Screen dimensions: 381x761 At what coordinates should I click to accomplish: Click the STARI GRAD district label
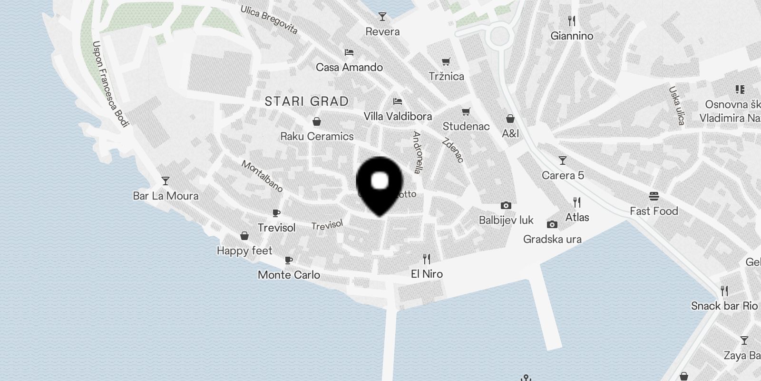(x=306, y=101)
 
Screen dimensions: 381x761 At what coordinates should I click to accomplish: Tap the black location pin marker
(x=379, y=183)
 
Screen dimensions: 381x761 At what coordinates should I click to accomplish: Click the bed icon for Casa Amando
(x=349, y=52)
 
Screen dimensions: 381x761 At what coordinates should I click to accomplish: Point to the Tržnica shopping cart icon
(x=446, y=61)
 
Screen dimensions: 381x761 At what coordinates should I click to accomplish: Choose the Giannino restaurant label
(x=572, y=36)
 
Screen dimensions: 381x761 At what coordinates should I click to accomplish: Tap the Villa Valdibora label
(x=398, y=116)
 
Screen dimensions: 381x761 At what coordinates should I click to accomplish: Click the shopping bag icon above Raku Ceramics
(x=316, y=121)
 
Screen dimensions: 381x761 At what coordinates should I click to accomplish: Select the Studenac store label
(x=466, y=126)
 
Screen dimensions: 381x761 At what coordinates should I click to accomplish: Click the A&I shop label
(x=510, y=133)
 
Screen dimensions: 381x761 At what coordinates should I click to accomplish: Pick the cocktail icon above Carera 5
(x=563, y=160)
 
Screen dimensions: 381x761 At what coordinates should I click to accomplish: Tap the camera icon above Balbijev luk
(x=506, y=206)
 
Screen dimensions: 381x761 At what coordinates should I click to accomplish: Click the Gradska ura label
(x=552, y=239)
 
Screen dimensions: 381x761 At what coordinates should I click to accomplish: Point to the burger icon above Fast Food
(x=654, y=196)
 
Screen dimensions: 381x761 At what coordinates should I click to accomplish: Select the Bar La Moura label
(x=166, y=196)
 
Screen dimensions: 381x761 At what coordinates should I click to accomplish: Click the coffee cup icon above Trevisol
(x=276, y=213)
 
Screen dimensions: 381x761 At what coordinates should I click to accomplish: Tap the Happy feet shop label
(x=244, y=251)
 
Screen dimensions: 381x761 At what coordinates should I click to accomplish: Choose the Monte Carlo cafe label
(x=289, y=275)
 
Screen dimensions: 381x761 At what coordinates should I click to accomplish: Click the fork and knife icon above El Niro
(x=427, y=259)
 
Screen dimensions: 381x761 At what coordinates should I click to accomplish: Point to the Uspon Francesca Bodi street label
(x=110, y=84)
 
